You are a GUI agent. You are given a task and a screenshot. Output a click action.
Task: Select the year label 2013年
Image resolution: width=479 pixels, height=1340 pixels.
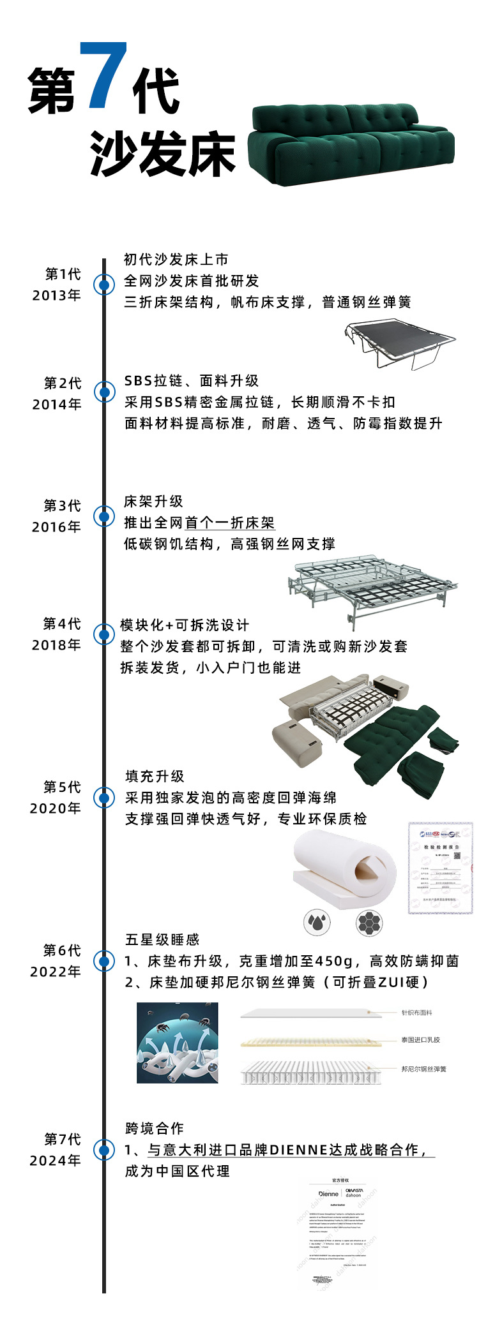tap(56, 295)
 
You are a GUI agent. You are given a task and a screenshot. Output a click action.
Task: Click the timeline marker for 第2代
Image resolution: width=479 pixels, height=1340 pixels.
tap(103, 392)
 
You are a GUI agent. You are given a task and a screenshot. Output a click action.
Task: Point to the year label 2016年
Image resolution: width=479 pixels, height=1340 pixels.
tap(56, 527)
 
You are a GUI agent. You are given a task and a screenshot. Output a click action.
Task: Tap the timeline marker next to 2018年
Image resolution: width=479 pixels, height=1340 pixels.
tap(103, 634)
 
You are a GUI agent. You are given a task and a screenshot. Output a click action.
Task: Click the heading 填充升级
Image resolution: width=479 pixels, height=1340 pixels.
tap(155, 777)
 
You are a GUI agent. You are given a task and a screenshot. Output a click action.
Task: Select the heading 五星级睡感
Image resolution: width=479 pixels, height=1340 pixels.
tap(162, 940)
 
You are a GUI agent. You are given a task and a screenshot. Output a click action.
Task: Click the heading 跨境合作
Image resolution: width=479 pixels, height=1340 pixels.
tap(155, 1129)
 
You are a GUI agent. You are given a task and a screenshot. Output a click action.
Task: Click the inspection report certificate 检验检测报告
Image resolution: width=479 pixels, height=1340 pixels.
tap(441, 868)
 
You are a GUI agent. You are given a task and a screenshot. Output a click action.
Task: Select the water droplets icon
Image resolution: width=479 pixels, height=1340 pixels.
tap(317, 922)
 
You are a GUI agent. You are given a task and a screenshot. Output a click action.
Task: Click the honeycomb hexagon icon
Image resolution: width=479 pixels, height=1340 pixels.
tap(370, 922)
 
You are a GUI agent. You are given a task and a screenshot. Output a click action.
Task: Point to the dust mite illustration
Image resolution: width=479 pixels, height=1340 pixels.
tap(178, 1043)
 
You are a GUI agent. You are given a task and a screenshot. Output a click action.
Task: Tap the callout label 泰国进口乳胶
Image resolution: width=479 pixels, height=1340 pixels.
tap(421, 1040)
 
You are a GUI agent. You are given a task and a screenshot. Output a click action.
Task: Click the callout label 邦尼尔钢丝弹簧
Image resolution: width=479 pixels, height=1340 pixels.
tap(424, 1069)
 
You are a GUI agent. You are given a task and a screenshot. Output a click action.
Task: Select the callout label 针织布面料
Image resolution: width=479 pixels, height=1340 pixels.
tap(417, 1013)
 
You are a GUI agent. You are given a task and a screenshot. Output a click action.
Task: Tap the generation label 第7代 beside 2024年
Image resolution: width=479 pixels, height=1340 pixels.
tap(63, 1140)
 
